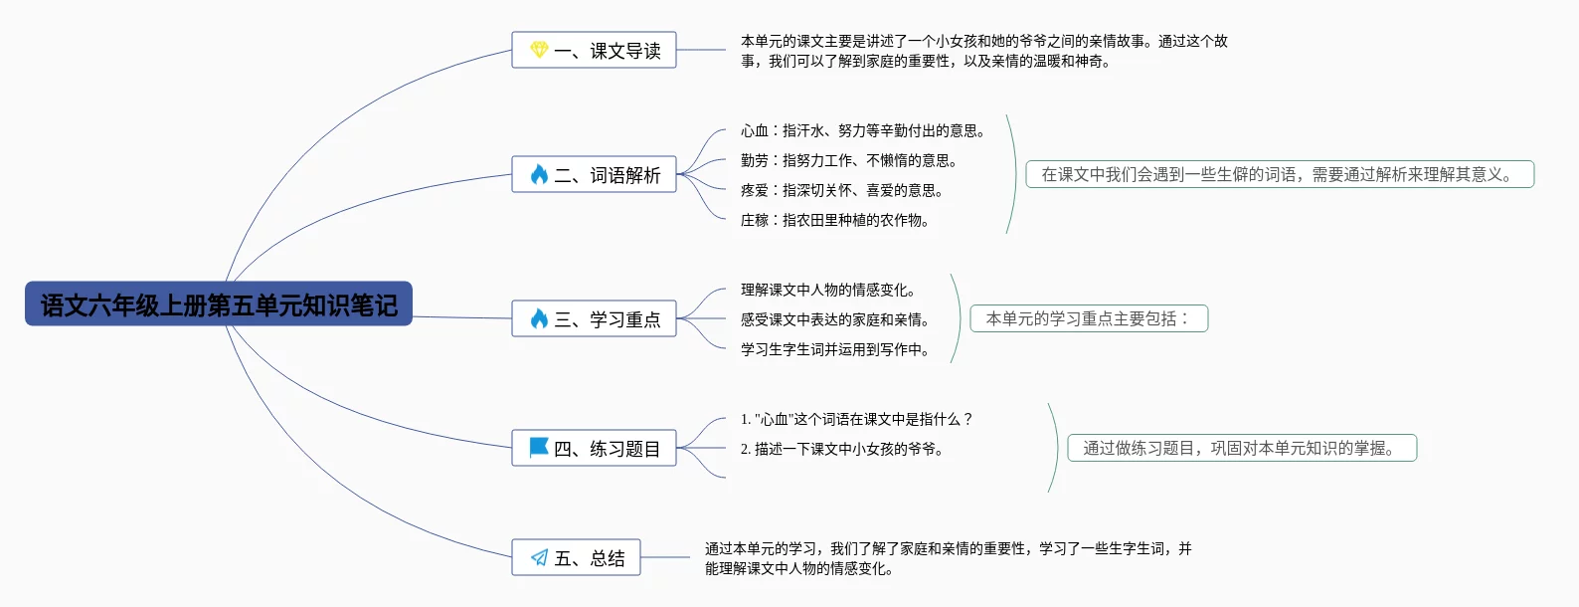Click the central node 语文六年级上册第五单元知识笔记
coord(219,304)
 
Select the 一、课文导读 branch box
coord(594,50)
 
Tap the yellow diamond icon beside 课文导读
coord(539,50)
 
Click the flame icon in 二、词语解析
coord(539,174)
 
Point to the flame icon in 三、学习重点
coord(539,318)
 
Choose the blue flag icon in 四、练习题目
coord(539,448)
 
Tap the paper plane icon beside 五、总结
coord(539,557)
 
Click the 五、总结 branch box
coord(576,557)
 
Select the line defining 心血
coord(863,130)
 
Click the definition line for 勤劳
coord(849,161)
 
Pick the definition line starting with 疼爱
coord(841,191)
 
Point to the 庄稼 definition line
coord(834,220)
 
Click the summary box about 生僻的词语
coord(1280,174)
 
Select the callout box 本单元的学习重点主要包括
coord(1089,318)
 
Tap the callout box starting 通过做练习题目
coord(1242,448)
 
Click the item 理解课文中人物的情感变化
coord(828,291)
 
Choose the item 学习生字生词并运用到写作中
coord(835,349)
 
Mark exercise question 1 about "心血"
coord(856,419)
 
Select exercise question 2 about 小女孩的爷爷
coord(842,449)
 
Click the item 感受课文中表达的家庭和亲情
coord(835,319)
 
